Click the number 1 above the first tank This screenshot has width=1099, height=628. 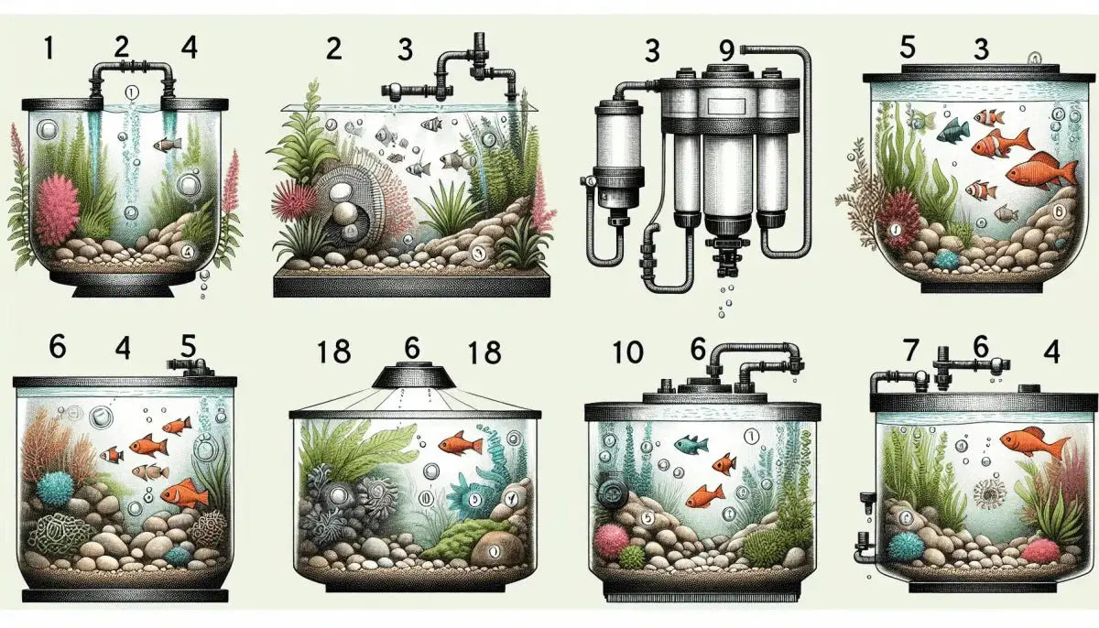(47, 48)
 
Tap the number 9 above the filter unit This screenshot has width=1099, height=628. (726, 51)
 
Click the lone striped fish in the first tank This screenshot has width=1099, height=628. (168, 144)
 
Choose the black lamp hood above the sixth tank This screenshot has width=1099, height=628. (410, 376)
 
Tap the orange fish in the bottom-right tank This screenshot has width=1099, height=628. (1030, 444)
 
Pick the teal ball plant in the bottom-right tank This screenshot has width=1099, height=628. (907, 546)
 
